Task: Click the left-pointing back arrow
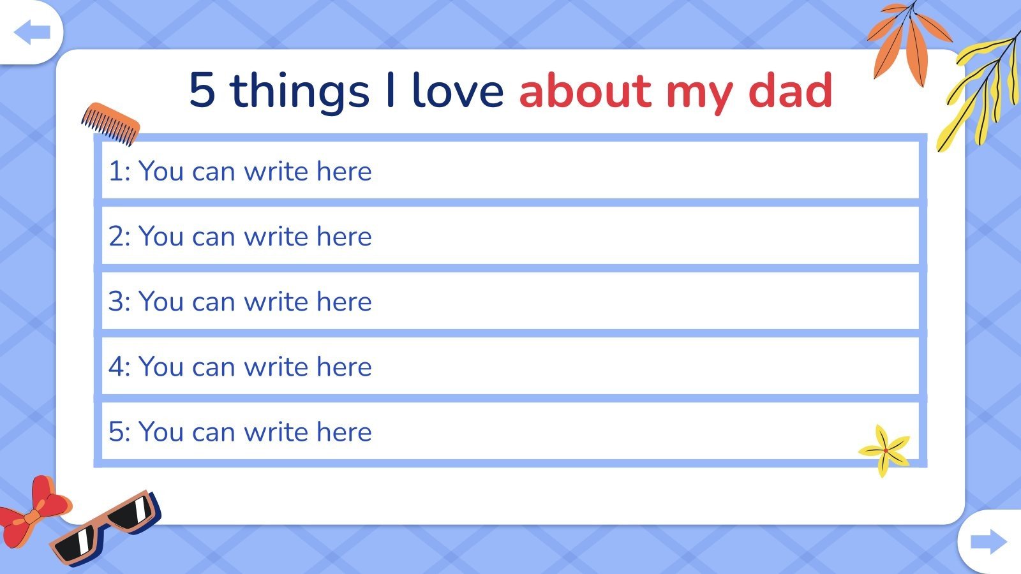tap(32, 33)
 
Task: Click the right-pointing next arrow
tap(988, 542)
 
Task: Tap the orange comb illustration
tap(110, 123)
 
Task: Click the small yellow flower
tap(884, 450)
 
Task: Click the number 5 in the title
tap(202, 90)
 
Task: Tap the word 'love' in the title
tap(458, 90)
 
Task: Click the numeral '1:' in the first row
tap(119, 172)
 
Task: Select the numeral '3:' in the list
tap(119, 302)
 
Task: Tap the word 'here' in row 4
tap(344, 367)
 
